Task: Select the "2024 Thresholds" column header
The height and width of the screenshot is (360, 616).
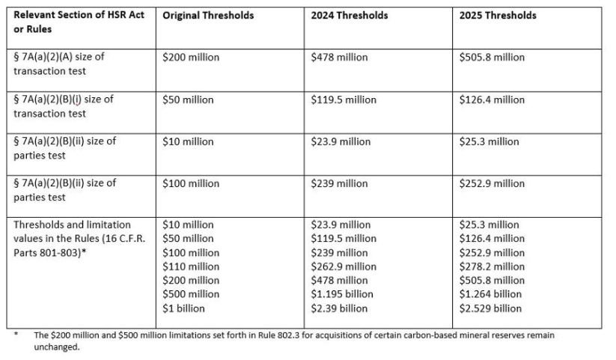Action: [x=350, y=16]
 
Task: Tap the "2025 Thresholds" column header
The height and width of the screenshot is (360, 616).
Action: [x=498, y=16]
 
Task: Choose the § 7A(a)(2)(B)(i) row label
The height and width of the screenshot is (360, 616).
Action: [x=64, y=106]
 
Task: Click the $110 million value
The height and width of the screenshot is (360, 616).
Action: [x=191, y=266]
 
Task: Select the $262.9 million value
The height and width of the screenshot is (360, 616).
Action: [x=344, y=266]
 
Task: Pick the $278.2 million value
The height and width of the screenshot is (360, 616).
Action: [x=492, y=266]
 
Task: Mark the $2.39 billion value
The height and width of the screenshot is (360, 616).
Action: [x=339, y=308]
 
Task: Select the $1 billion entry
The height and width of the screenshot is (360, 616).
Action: [x=183, y=308]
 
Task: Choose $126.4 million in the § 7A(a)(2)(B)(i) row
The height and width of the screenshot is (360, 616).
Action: [x=492, y=100]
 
